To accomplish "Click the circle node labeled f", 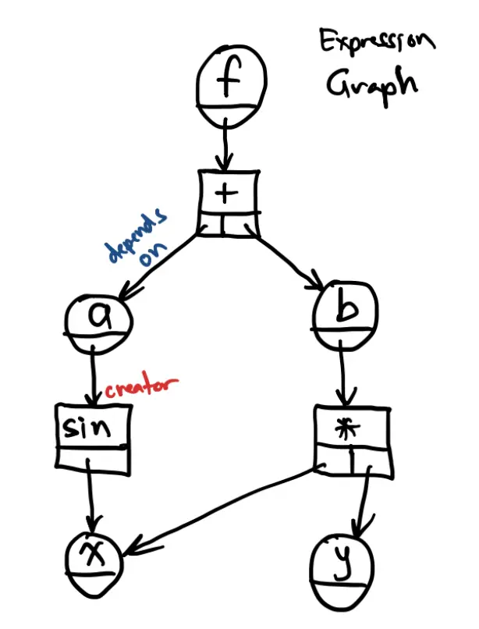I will (230, 85).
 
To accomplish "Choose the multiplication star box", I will (352, 439).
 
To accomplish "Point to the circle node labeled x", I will (95, 559).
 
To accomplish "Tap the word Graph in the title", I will (371, 84).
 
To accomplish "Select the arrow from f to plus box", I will (226, 145).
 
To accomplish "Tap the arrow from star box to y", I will (364, 499).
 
